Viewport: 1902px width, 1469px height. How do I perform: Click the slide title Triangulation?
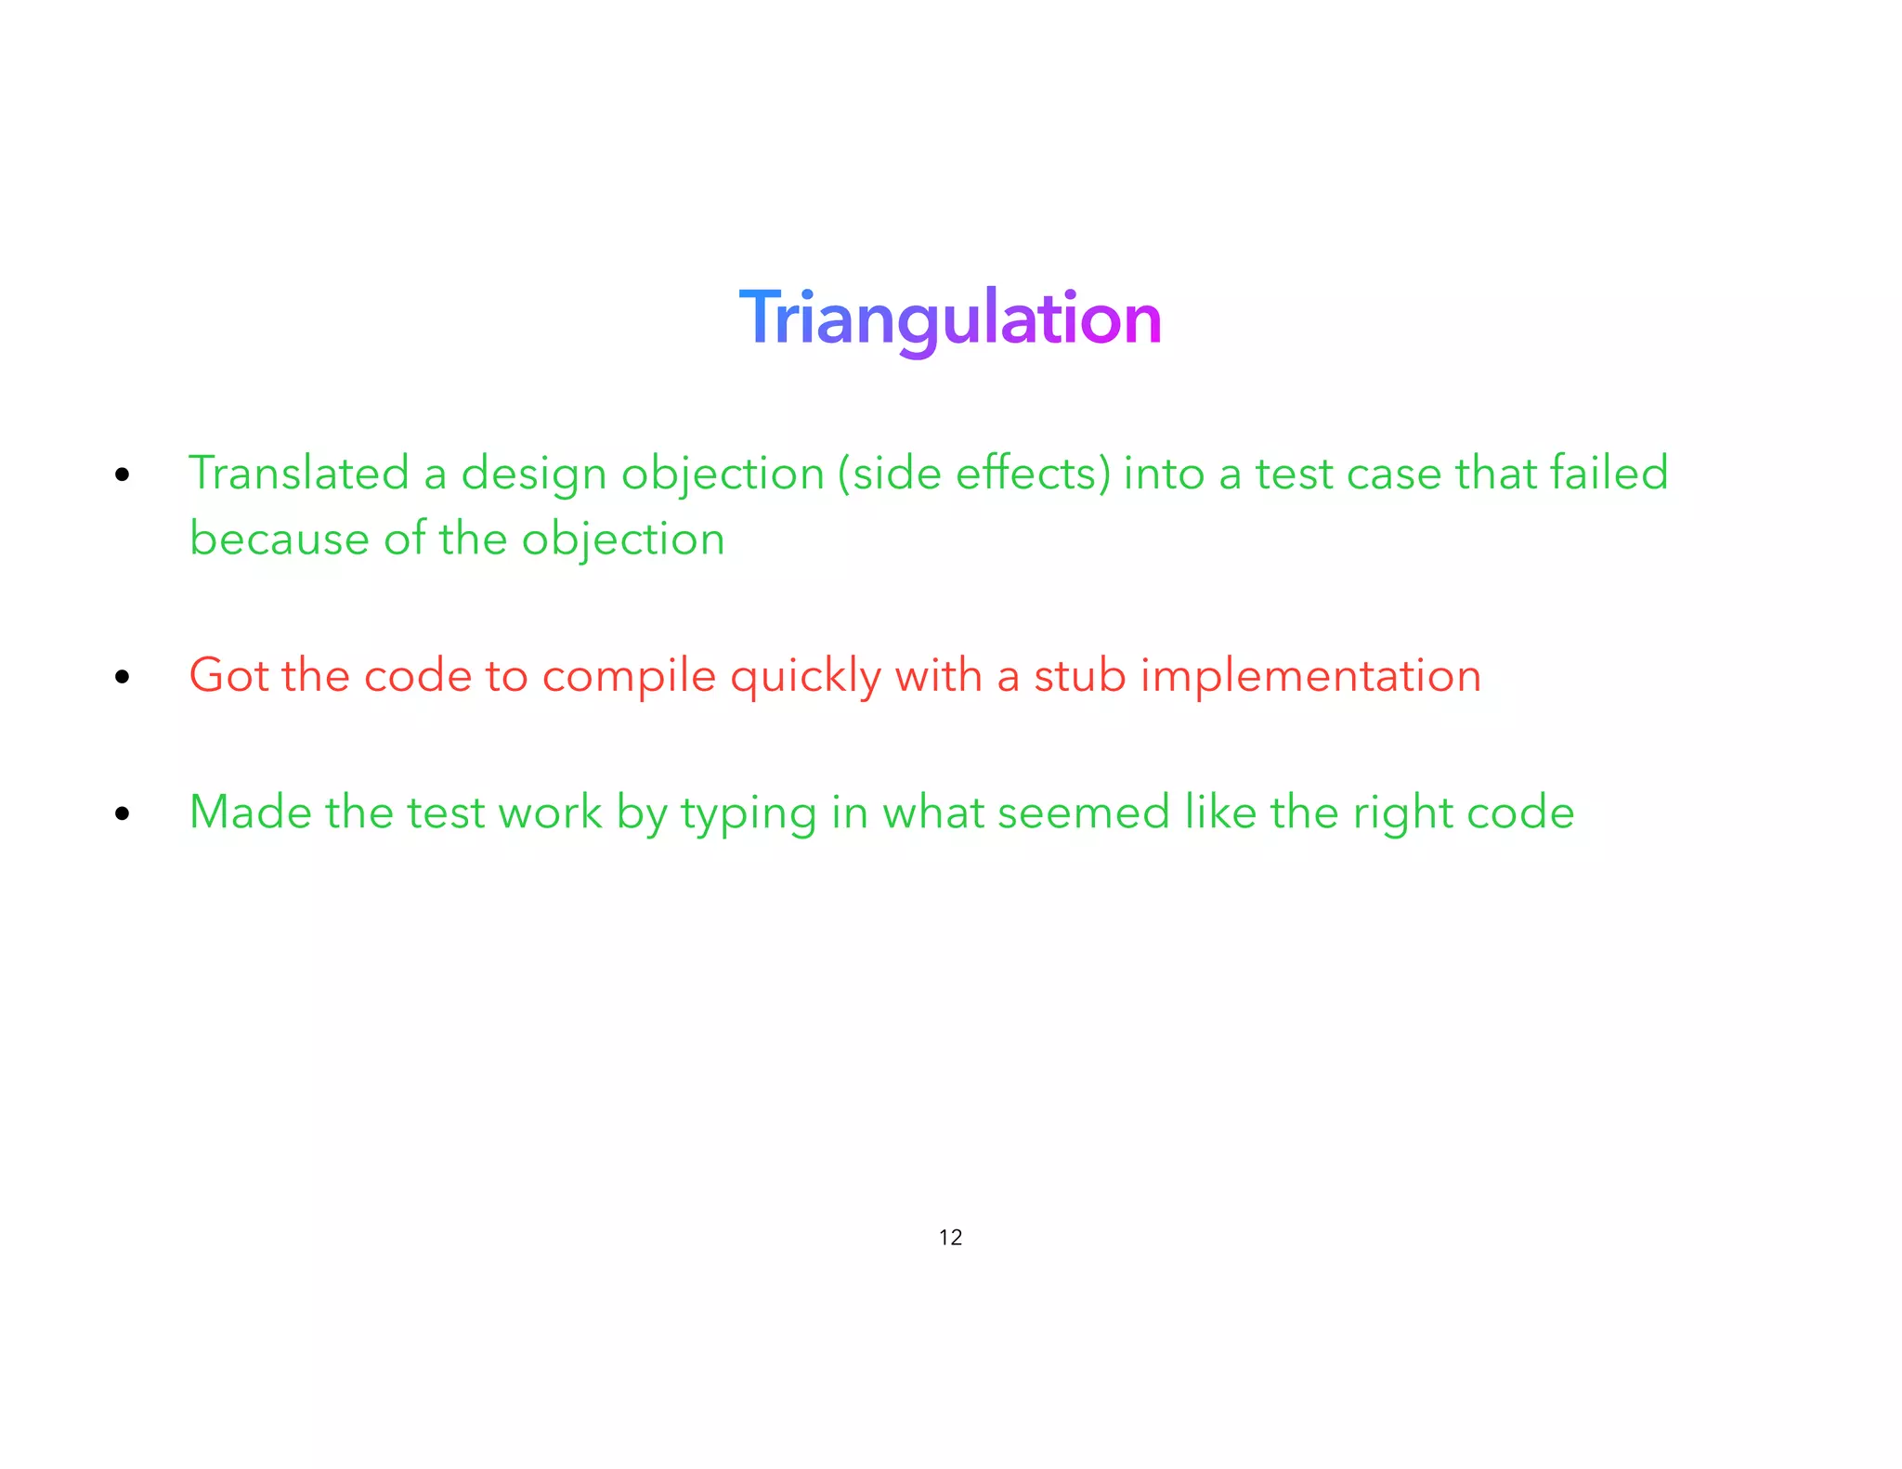pyautogui.click(x=950, y=318)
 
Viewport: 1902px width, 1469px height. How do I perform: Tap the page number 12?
pyautogui.click(x=950, y=1237)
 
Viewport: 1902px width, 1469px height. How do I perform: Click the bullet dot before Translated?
pyautogui.click(x=123, y=475)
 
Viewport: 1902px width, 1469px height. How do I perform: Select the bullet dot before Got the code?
pyautogui.click(x=123, y=677)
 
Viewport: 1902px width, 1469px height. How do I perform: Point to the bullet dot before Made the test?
pyautogui.click(x=123, y=814)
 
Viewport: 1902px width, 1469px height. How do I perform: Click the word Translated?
pyautogui.click(x=298, y=473)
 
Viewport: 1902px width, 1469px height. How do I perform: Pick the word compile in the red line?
pyautogui.click(x=629, y=677)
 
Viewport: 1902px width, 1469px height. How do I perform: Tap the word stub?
pyautogui.click(x=1079, y=675)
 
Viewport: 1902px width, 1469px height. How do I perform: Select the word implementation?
pyautogui.click(x=1310, y=677)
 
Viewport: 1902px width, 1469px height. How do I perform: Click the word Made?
pyautogui.click(x=250, y=812)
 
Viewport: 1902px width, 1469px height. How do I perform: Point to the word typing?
pyautogui.click(x=749, y=814)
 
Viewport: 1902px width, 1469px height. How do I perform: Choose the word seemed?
pyautogui.click(x=1083, y=812)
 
